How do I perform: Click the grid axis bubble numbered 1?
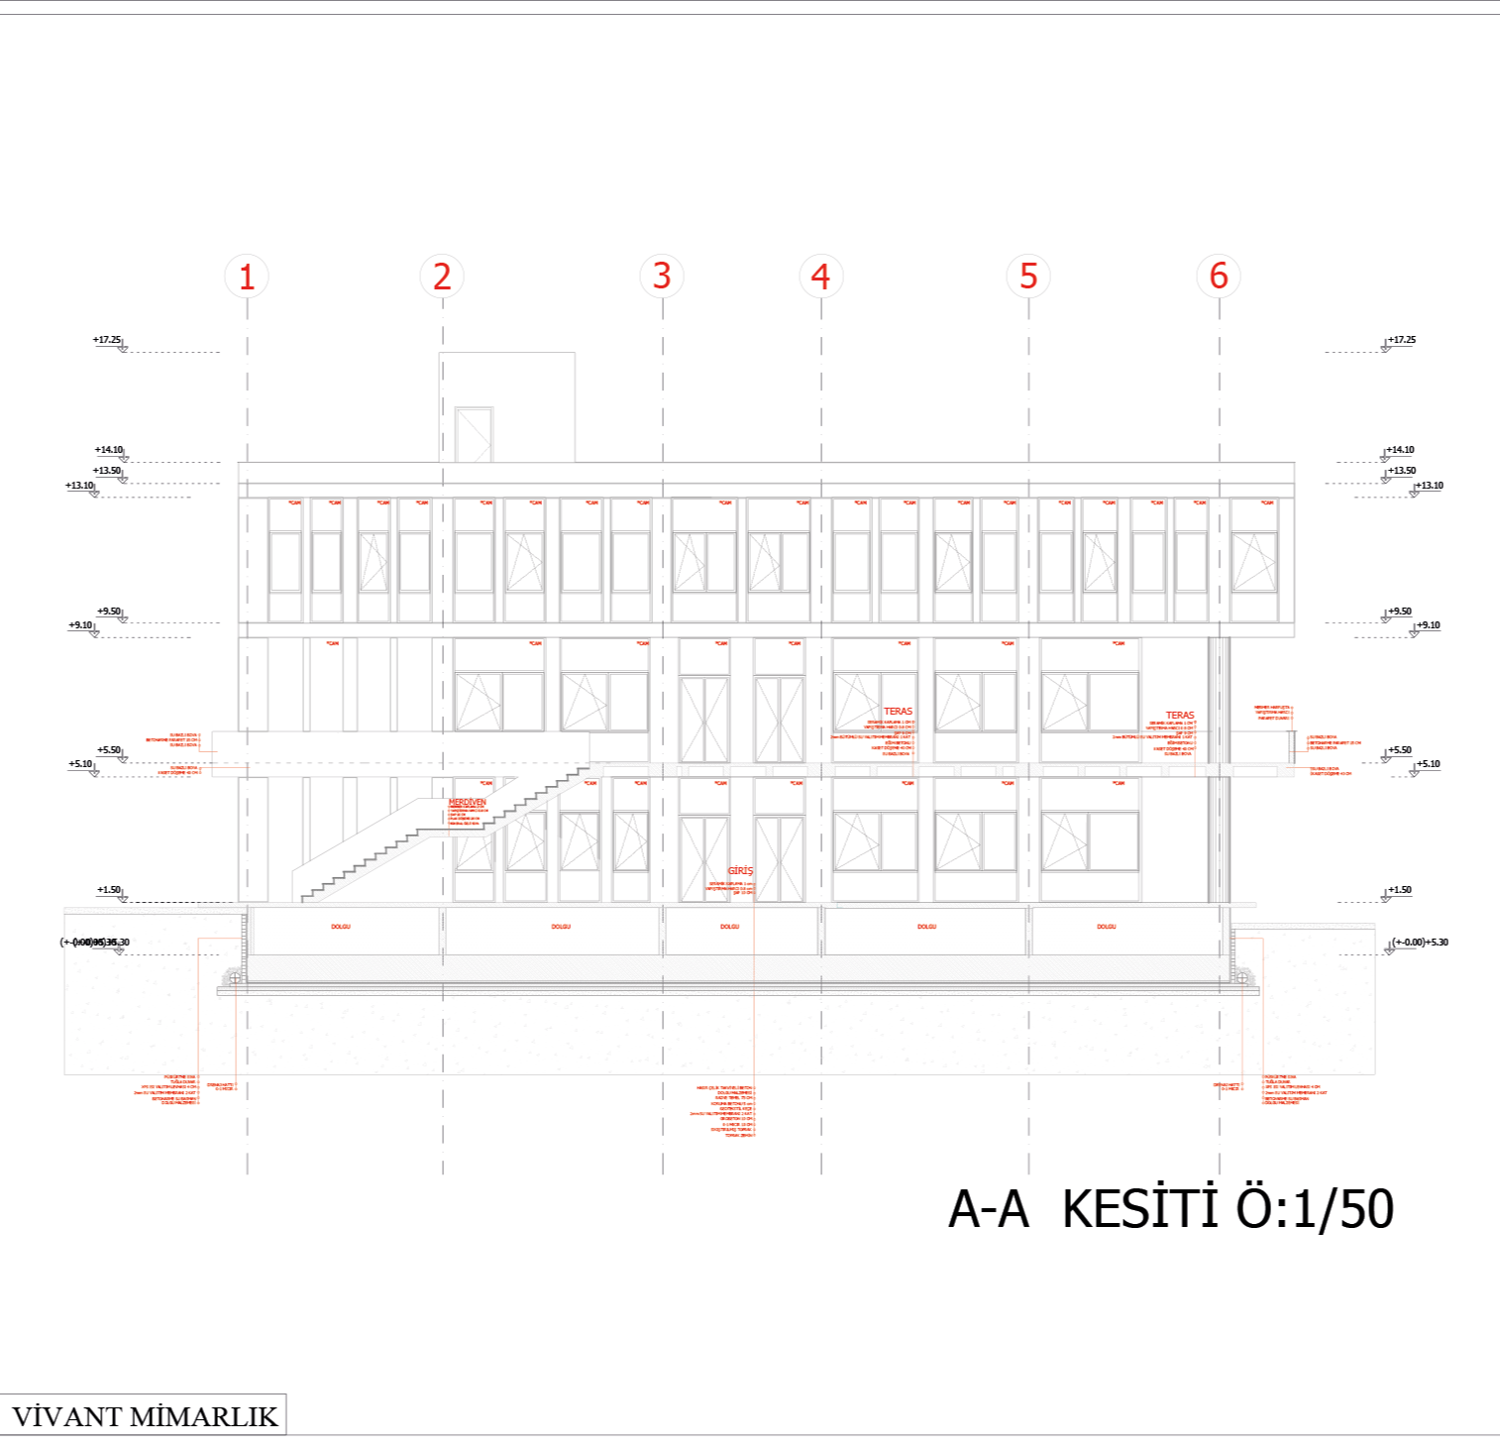(x=247, y=276)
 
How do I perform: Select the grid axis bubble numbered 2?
(x=442, y=276)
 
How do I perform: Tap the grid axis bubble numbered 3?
(x=662, y=276)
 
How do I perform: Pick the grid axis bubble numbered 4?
(x=820, y=276)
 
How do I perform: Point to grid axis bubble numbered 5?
(x=1028, y=276)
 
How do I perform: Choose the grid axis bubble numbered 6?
(x=1219, y=276)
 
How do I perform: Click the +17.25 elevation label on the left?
(x=107, y=340)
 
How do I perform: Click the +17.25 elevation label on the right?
(x=1402, y=340)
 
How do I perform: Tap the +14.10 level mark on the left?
(x=109, y=450)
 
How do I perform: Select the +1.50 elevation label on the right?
(x=1399, y=890)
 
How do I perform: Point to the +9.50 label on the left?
(x=109, y=612)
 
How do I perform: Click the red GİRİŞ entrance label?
(x=740, y=871)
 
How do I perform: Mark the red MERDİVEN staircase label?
(x=468, y=802)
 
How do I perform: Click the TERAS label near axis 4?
(x=898, y=712)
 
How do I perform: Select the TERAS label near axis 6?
(x=1180, y=715)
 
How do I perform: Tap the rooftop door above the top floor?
(x=474, y=435)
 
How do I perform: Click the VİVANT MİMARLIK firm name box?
(x=145, y=1415)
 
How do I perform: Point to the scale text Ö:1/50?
(x=1315, y=1209)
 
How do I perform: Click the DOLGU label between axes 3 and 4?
(x=729, y=927)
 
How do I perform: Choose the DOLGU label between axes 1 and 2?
(x=341, y=927)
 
